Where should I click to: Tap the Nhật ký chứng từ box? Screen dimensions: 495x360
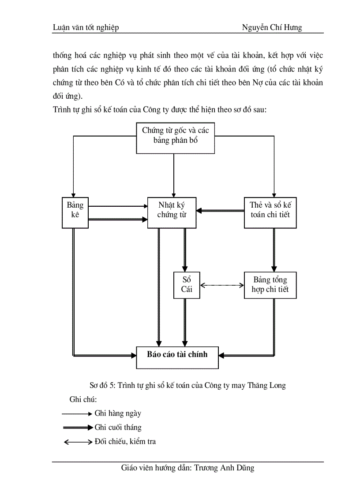tap(172, 212)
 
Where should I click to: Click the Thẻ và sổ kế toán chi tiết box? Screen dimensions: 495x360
tap(270, 212)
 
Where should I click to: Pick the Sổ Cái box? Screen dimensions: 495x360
tap(186, 285)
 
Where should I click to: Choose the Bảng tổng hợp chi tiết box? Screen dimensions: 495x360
tap(270, 285)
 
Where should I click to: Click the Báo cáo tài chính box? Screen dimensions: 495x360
tap(177, 354)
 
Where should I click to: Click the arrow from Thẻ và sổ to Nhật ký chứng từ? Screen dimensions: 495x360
tap(220, 211)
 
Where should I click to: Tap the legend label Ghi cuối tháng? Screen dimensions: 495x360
tap(118, 427)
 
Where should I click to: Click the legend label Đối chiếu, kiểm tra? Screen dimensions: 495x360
tap(125, 441)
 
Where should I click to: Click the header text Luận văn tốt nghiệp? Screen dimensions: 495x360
tap(86, 28)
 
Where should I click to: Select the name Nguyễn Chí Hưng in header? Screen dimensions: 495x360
tap(272, 28)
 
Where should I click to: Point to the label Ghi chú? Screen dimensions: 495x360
tap(83, 399)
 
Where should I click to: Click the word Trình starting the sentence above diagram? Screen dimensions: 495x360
tap(62, 110)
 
